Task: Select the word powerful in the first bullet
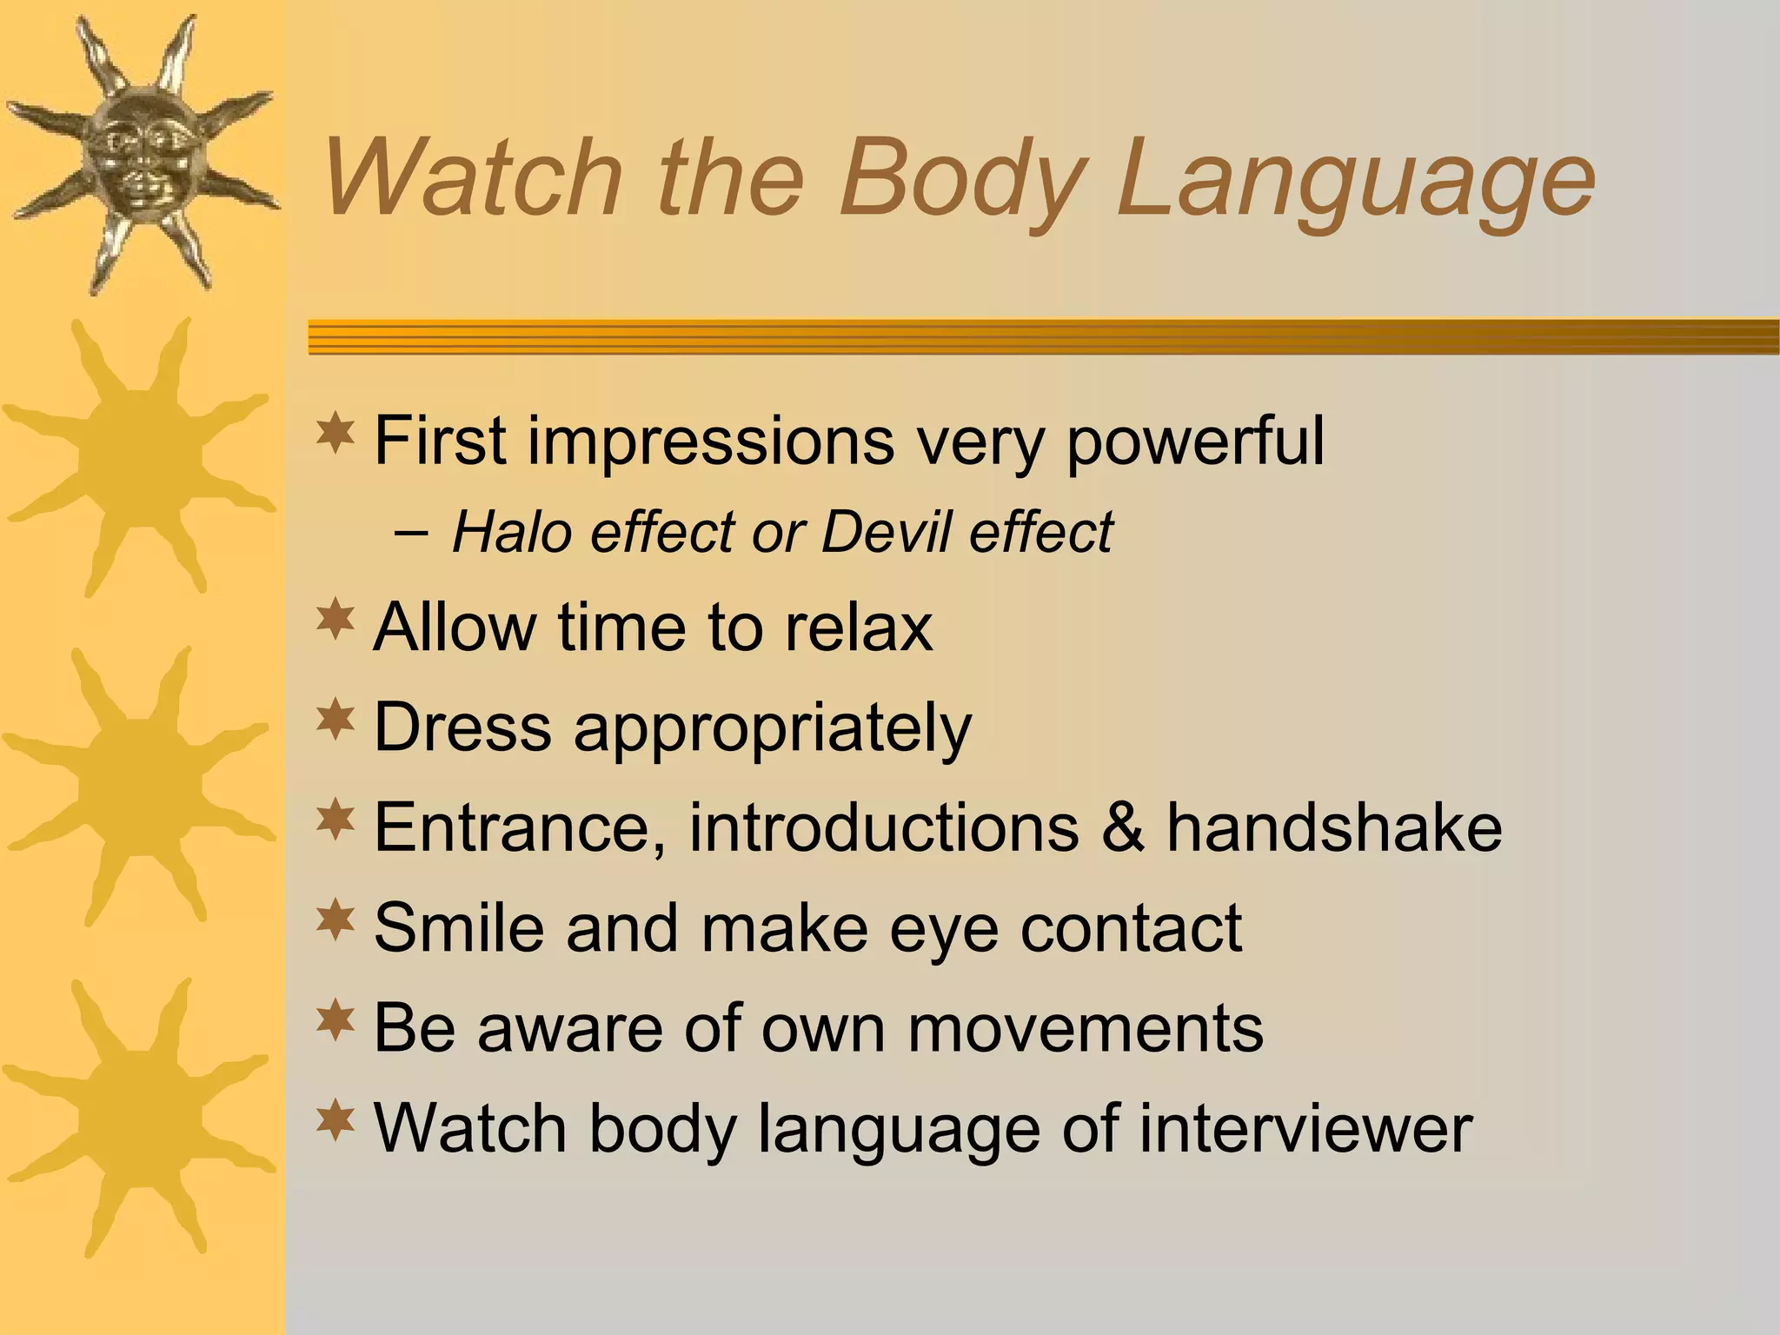(x=1195, y=442)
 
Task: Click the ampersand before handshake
(x=1122, y=827)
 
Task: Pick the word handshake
(x=1334, y=827)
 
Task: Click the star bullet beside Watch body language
(x=335, y=1121)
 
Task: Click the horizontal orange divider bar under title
(x=1043, y=337)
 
